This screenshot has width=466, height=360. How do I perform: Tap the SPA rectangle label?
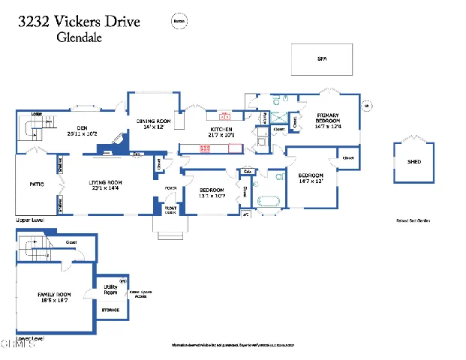coord(323,58)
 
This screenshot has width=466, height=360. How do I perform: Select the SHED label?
coord(414,161)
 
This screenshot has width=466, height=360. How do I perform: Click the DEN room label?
coord(83,127)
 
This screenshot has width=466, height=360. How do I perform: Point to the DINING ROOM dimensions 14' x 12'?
coord(154,127)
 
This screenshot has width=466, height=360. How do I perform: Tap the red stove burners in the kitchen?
coord(205,148)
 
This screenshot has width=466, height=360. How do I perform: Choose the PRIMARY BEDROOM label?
coord(328,121)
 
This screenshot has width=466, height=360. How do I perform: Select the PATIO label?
coord(36,183)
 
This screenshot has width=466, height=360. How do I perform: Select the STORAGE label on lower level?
coord(110,309)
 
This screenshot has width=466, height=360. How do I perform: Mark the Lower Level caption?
coord(31,338)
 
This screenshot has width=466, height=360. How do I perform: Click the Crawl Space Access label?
coord(139,294)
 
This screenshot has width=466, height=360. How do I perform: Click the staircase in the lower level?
coord(32,247)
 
